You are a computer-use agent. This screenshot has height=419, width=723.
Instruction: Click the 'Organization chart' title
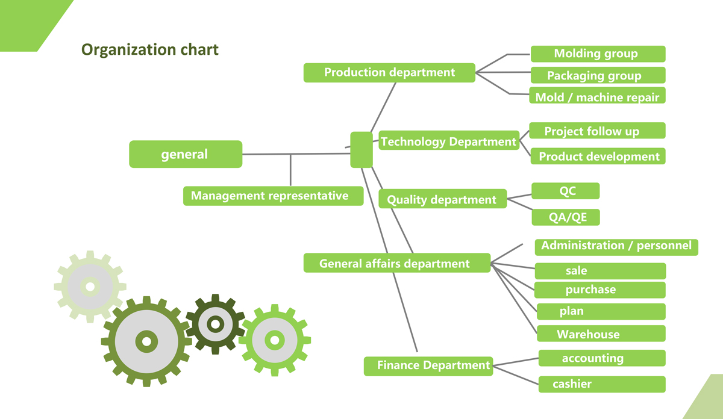pyautogui.click(x=150, y=49)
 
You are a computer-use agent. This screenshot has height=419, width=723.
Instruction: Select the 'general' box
pyautogui.click(x=186, y=154)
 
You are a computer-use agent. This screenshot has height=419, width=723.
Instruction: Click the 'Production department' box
pyautogui.click(x=389, y=72)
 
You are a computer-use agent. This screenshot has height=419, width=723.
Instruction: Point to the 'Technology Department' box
pyautogui.click(x=449, y=141)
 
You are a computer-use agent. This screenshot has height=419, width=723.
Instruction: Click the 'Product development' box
pyautogui.click(x=598, y=157)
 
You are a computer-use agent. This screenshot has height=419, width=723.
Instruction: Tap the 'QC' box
pyautogui.click(x=566, y=191)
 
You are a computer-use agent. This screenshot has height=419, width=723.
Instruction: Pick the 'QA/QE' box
pyautogui.click(x=566, y=217)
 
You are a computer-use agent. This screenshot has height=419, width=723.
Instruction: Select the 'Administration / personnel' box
pyautogui.click(x=616, y=246)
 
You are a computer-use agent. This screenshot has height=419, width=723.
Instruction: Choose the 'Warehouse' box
pyautogui.click(x=600, y=334)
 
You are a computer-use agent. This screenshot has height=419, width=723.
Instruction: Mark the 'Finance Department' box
pyautogui.click(x=428, y=365)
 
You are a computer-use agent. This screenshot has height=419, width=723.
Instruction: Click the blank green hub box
pyautogui.click(x=361, y=149)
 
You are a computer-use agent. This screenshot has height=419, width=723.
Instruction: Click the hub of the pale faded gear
pyautogui.click(x=90, y=286)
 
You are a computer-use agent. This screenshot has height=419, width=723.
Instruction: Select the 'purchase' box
pyautogui.click(x=600, y=290)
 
